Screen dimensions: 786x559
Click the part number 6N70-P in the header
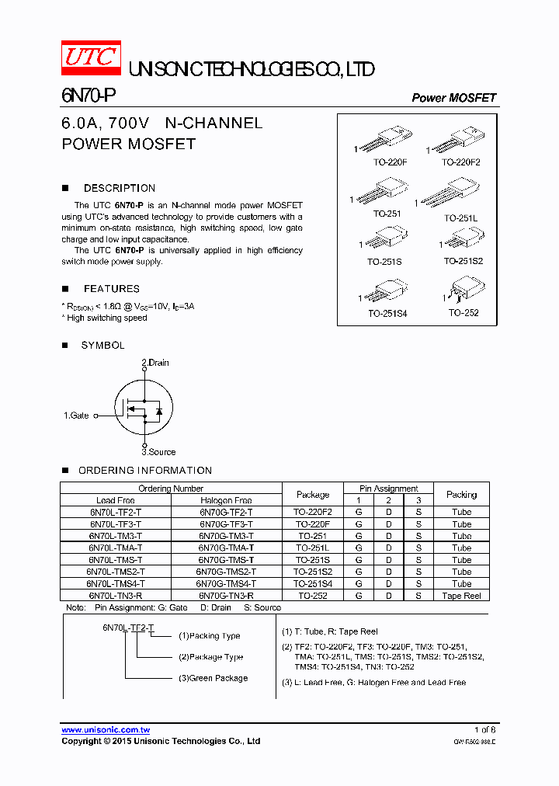pyautogui.click(x=89, y=96)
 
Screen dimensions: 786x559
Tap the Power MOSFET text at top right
pyautogui.click(x=453, y=98)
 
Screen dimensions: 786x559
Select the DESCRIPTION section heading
pyautogui.click(x=119, y=188)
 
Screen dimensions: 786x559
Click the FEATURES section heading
pyautogui.click(x=111, y=288)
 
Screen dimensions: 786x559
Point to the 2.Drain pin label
pyautogui.click(x=155, y=363)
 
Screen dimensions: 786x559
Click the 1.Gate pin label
pyautogui.click(x=76, y=416)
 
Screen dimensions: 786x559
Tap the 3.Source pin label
pyautogui.click(x=158, y=451)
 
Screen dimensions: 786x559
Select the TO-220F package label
pyautogui.click(x=390, y=162)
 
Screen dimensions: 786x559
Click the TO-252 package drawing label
pyautogui.click(x=463, y=313)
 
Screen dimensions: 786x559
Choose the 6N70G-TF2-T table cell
pyautogui.click(x=225, y=513)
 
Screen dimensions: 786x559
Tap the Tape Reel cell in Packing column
pyautogui.click(x=461, y=596)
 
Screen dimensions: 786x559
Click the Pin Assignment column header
pyautogui.click(x=389, y=489)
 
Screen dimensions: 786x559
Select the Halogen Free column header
pyautogui.click(x=225, y=500)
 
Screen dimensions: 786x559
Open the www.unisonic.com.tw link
pyautogui.click(x=106, y=730)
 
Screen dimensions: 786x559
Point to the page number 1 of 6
pyautogui.click(x=484, y=730)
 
